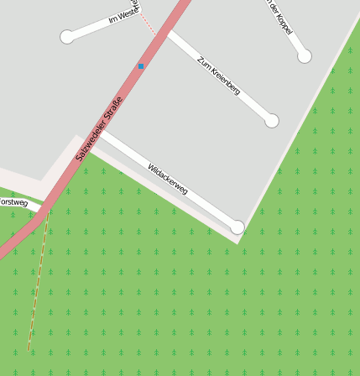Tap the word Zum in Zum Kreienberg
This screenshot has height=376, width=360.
[202, 61]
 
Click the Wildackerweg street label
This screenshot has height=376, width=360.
[167, 180]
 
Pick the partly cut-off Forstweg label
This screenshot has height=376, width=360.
[13, 203]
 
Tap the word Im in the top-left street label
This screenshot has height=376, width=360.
[114, 19]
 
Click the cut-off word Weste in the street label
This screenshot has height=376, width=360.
[128, 14]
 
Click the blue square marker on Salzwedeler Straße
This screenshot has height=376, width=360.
[141, 65]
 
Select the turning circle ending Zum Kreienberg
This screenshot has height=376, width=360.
[271, 121]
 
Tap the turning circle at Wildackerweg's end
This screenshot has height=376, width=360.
[237, 227]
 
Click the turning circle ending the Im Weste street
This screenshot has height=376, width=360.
[67, 37]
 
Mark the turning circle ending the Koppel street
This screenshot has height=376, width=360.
[305, 56]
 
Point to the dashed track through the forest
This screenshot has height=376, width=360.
[38, 285]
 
